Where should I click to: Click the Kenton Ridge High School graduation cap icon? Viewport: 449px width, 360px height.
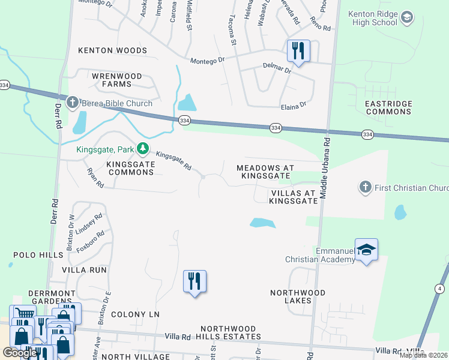tap(407, 17)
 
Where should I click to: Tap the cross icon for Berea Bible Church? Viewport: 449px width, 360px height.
tap(73, 103)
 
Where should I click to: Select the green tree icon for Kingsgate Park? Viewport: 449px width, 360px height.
tap(142, 148)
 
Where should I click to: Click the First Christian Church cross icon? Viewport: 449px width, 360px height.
tap(365, 188)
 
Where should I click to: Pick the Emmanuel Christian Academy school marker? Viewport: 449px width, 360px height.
tap(366, 250)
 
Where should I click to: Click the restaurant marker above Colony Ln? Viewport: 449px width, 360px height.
tap(194, 281)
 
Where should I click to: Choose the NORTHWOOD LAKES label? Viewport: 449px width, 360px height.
tap(298, 296)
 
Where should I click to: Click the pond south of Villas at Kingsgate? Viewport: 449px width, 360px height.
tap(263, 223)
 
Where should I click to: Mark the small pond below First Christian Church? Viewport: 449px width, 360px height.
tap(400, 212)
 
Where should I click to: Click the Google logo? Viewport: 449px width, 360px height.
tap(20, 353)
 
